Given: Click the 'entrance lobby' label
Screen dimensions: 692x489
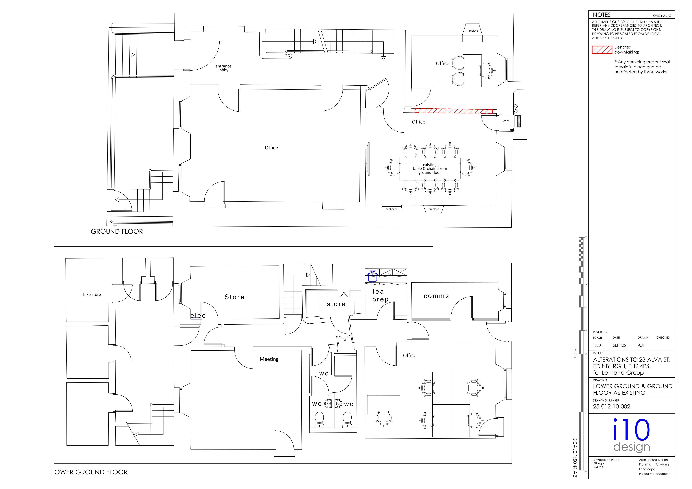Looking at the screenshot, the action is click(x=223, y=68).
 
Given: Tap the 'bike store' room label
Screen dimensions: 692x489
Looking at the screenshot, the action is click(x=92, y=295).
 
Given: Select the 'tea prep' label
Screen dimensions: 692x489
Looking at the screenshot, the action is click(x=380, y=295).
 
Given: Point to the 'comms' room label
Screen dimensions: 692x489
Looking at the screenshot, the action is click(x=436, y=296).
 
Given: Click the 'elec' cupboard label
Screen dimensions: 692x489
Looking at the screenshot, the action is click(x=198, y=315).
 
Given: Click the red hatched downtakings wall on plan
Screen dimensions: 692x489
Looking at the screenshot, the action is click(x=454, y=111).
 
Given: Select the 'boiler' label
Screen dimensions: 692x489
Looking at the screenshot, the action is click(x=506, y=121).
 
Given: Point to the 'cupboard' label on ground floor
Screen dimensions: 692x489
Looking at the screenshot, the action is click(x=391, y=209).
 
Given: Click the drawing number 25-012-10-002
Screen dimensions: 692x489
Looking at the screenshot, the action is click(x=612, y=406).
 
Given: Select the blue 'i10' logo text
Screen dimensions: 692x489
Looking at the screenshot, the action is click(x=631, y=430).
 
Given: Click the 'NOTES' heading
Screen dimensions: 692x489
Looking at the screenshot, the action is click(x=602, y=15).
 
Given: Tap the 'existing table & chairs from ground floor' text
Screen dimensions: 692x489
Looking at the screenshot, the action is click(x=430, y=169).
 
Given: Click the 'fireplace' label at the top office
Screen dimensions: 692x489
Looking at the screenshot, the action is click(x=473, y=31).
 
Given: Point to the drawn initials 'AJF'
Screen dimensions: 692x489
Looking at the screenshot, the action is click(x=641, y=345).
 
